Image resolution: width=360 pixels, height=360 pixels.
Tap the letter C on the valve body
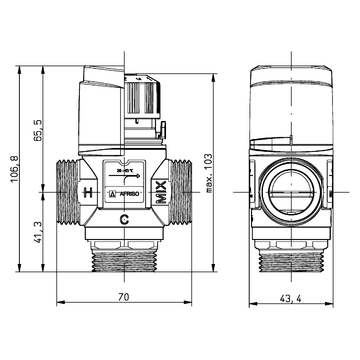[123, 219]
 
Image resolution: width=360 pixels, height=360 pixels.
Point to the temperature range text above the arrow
[123, 171]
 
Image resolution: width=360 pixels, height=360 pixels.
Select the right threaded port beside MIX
[180, 190]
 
